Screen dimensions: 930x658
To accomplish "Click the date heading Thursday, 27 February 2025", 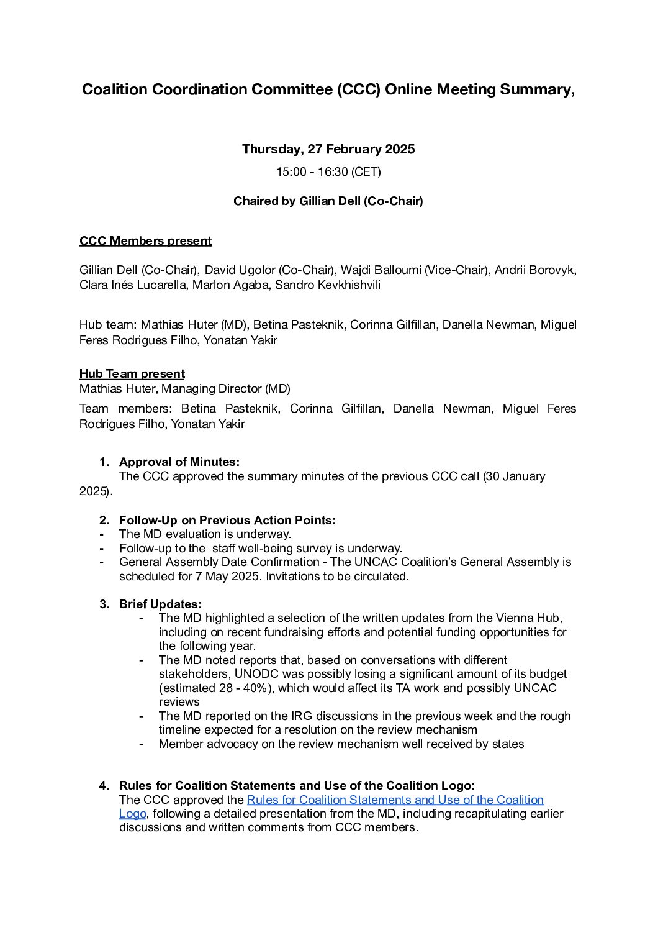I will (x=328, y=149).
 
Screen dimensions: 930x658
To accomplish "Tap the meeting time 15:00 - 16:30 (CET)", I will (x=328, y=172).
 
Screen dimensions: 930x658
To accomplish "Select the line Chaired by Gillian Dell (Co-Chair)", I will (x=328, y=201).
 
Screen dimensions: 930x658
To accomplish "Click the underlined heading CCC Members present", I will (x=145, y=241).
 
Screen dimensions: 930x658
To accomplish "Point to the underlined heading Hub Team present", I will (x=132, y=374).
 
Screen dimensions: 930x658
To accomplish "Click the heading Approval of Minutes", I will (x=179, y=462).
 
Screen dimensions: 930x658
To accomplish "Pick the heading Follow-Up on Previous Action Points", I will (x=227, y=521).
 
